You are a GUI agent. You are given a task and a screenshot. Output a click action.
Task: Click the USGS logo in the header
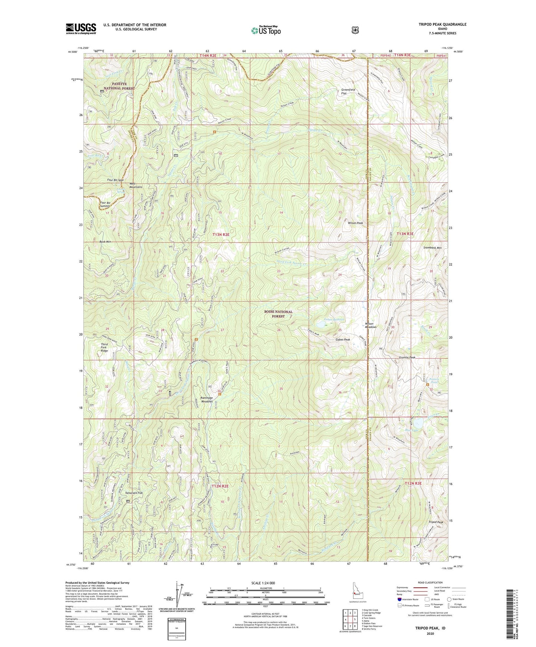[x=81, y=29]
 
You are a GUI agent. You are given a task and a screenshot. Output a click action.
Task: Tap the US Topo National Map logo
[x=266, y=30]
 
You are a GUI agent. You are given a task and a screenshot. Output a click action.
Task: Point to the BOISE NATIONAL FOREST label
[x=278, y=314]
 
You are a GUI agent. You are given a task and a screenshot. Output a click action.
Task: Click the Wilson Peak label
[x=355, y=223]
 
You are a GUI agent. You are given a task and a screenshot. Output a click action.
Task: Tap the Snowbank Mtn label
[x=433, y=248]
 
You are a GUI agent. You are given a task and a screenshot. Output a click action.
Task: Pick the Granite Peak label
[x=407, y=358]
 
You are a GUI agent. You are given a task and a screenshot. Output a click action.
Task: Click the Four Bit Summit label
[x=105, y=204]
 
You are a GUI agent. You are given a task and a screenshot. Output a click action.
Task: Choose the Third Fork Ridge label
[x=104, y=347]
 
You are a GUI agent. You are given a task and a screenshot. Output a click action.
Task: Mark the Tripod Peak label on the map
[x=436, y=522]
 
